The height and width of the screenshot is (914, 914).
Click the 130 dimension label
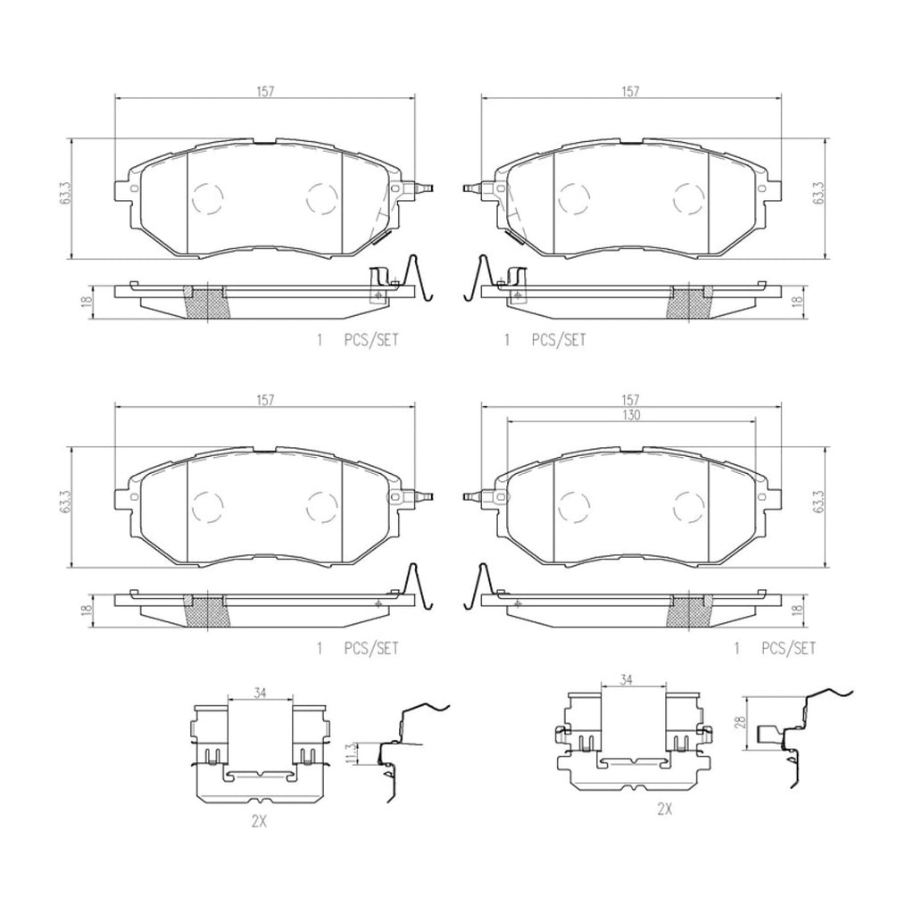click(x=631, y=414)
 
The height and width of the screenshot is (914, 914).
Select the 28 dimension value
click(x=741, y=723)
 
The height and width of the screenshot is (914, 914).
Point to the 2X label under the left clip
click(x=259, y=821)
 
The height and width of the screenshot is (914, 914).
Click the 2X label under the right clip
click(x=664, y=809)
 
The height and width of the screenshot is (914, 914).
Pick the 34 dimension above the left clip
click(x=260, y=693)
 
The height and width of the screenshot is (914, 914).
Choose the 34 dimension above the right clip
click(x=627, y=679)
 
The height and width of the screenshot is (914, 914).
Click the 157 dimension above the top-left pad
click(x=264, y=92)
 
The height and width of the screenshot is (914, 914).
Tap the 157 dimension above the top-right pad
click(x=631, y=92)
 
